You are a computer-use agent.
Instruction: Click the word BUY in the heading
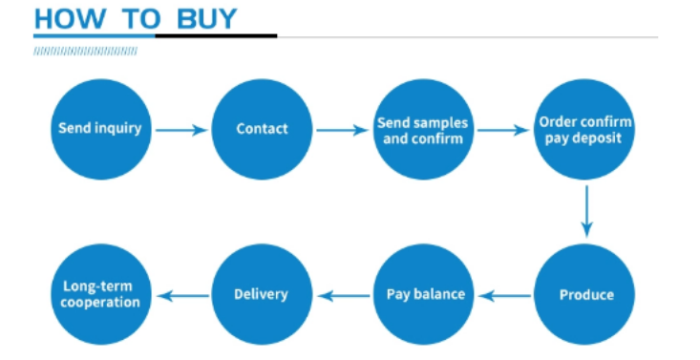(x=206, y=19)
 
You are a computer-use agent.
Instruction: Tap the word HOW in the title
(x=70, y=19)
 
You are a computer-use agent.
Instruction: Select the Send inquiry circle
(x=101, y=129)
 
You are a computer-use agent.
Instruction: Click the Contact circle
(x=262, y=129)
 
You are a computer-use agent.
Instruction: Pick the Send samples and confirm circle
(x=423, y=129)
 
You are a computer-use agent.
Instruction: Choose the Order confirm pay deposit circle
(x=583, y=129)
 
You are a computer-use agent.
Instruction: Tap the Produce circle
(x=583, y=294)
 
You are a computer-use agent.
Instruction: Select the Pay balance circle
(x=423, y=294)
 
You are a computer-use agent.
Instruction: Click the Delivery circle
(x=262, y=294)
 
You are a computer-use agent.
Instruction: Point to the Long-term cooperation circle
(x=101, y=294)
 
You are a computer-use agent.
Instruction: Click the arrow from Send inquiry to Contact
(x=181, y=131)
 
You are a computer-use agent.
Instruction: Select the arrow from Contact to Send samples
(x=343, y=131)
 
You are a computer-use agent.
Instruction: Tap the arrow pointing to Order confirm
(x=503, y=131)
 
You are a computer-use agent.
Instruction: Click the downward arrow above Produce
(x=586, y=212)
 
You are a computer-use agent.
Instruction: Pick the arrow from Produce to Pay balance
(x=504, y=296)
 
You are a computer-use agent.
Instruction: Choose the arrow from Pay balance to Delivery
(x=343, y=296)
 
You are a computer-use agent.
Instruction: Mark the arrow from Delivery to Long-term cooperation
(x=183, y=296)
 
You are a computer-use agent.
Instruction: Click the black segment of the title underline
(x=216, y=35)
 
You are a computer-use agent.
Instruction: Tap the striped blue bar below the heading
(x=85, y=52)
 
